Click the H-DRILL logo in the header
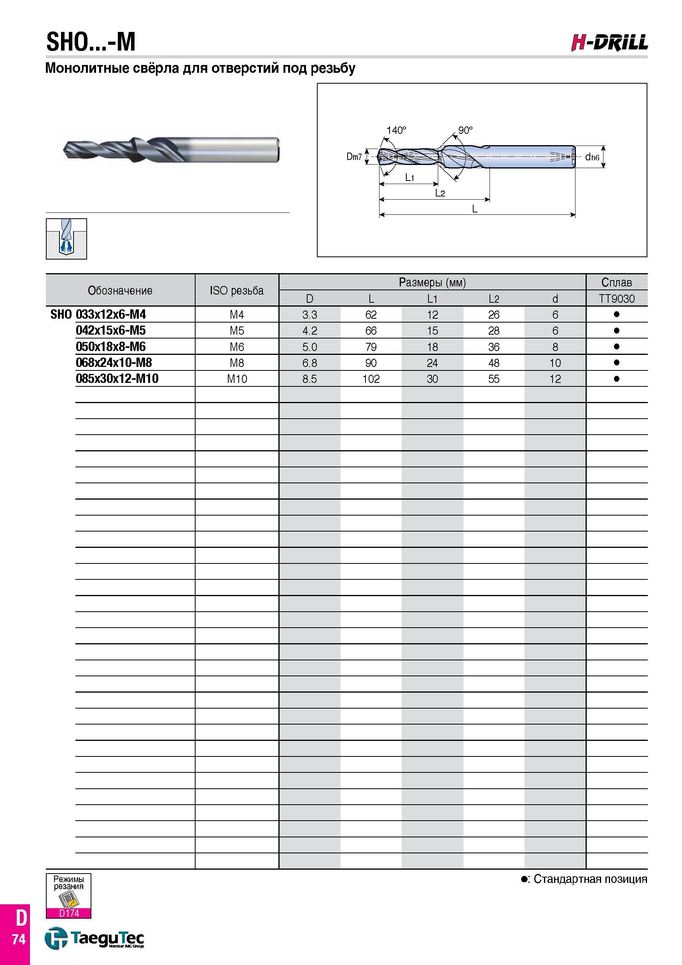(609, 43)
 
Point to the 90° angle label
(465, 130)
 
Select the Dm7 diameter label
(354, 157)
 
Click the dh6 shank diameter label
(592, 157)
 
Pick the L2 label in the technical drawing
(440, 193)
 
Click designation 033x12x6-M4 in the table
(111, 314)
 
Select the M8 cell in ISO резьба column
(237, 363)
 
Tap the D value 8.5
(310, 379)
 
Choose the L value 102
(371, 379)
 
